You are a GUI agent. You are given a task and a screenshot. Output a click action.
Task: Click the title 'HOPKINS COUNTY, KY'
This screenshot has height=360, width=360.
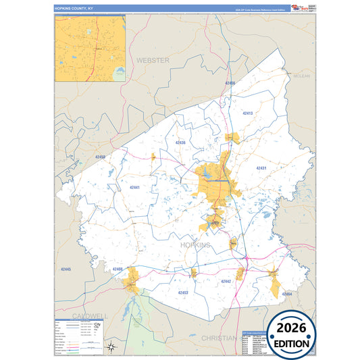pyautogui.click(x=74, y=8)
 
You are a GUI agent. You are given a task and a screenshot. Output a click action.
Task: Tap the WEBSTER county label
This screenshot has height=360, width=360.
pyautogui.click(x=153, y=60)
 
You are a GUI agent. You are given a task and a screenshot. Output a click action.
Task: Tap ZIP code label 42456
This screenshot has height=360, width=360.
pyautogui.click(x=230, y=83)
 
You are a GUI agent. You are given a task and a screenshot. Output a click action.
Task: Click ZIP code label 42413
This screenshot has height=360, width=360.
pyautogui.click(x=247, y=113)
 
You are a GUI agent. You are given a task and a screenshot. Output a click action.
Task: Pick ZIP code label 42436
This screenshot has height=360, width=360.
pyautogui.click(x=180, y=143)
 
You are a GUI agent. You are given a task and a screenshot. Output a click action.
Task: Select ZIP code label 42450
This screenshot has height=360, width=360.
pyautogui.click(x=101, y=157)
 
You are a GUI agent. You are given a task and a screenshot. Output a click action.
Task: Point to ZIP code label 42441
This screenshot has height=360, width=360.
pyautogui.click(x=134, y=187)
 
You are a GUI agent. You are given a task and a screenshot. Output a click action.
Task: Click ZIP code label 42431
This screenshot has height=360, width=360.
pyautogui.click(x=261, y=168)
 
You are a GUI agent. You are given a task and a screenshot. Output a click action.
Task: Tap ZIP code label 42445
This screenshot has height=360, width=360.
pyautogui.click(x=66, y=269)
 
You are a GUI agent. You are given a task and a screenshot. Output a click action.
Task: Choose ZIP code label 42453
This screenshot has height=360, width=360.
pyautogui.click(x=182, y=292)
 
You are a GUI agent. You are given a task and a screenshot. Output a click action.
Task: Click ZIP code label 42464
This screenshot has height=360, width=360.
pyautogui.click(x=286, y=294)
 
